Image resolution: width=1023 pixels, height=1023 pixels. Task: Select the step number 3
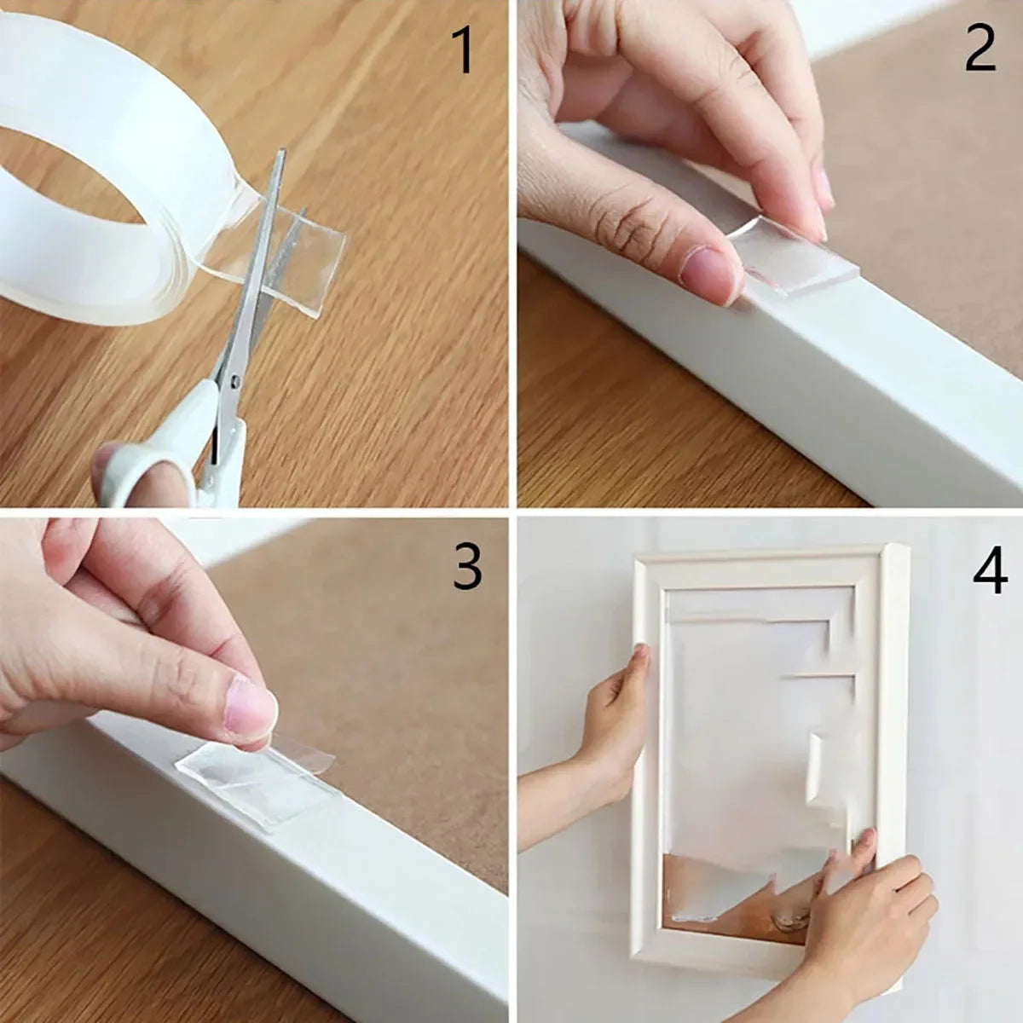[x=467, y=566]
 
